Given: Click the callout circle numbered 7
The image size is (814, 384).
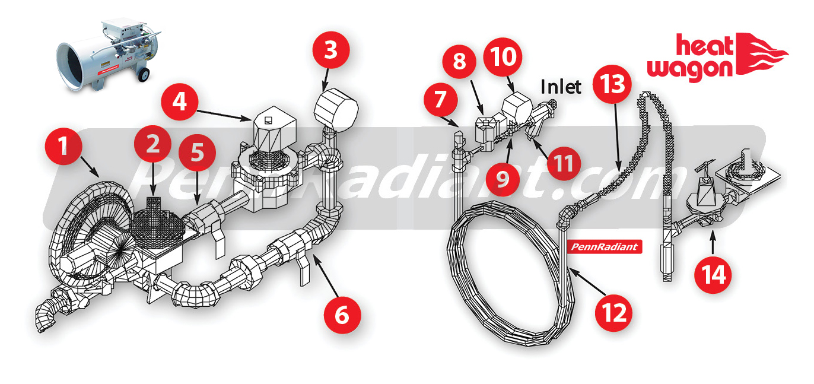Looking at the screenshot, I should (439, 99).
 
